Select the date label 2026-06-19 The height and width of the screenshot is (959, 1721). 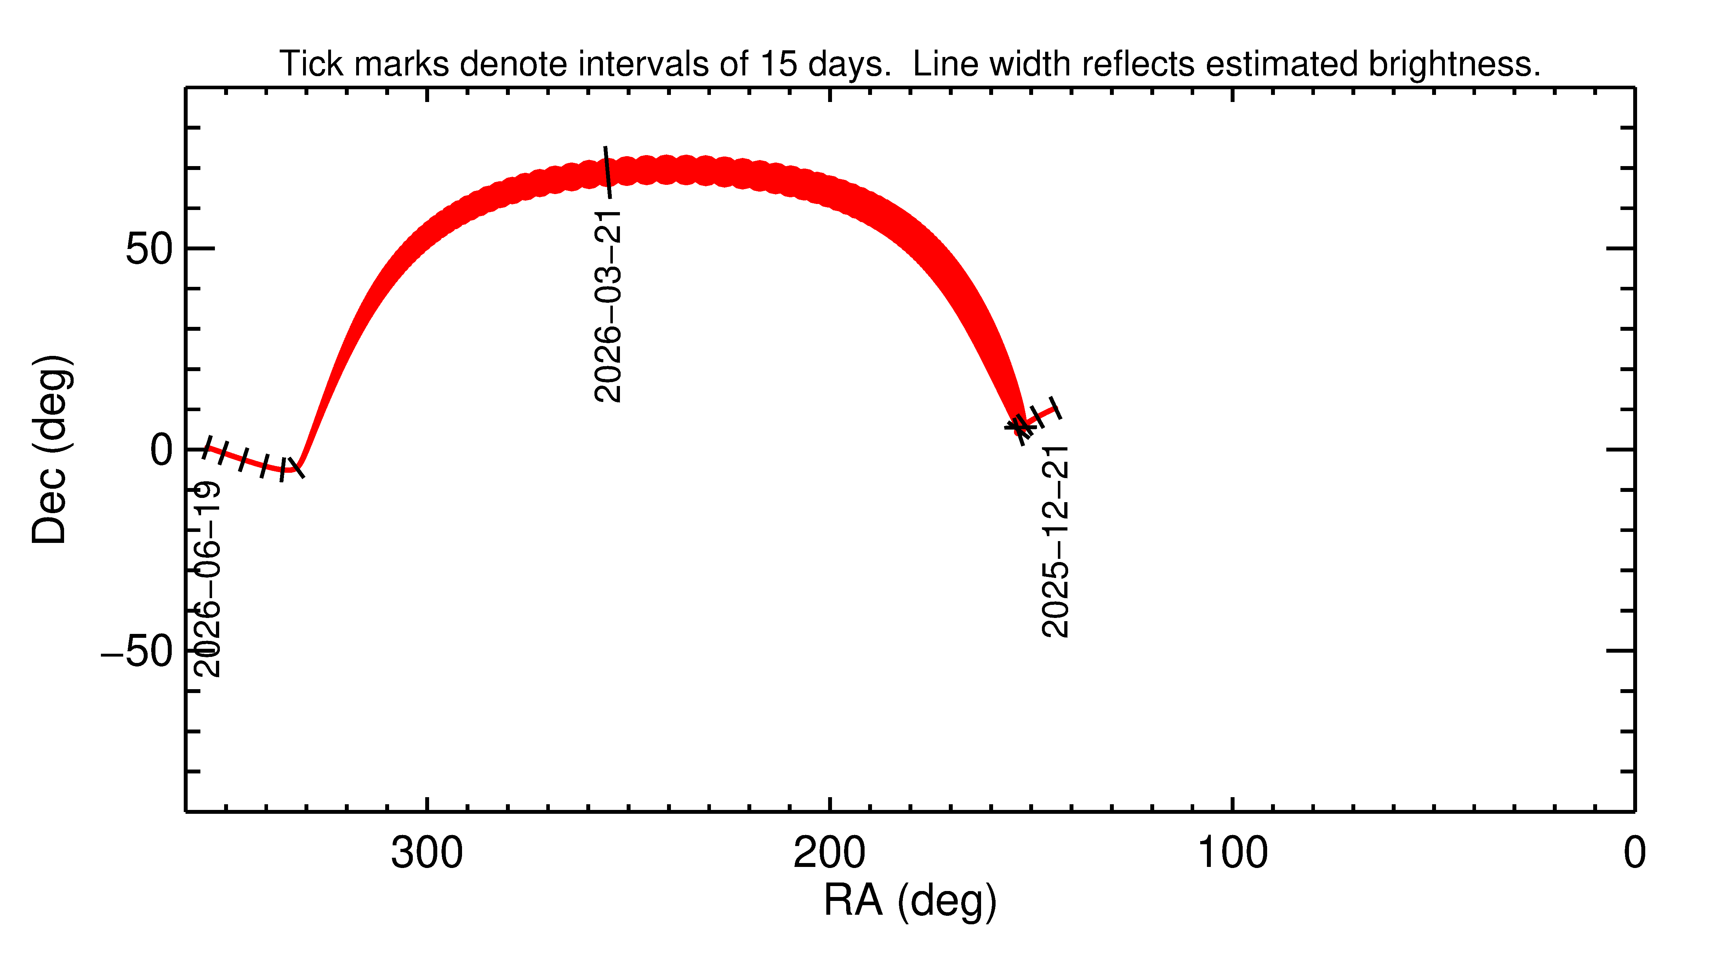coord(207,579)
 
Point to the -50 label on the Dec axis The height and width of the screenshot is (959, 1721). coord(137,652)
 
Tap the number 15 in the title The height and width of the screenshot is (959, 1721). coord(778,64)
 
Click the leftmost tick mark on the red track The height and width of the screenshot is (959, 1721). coord(207,447)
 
